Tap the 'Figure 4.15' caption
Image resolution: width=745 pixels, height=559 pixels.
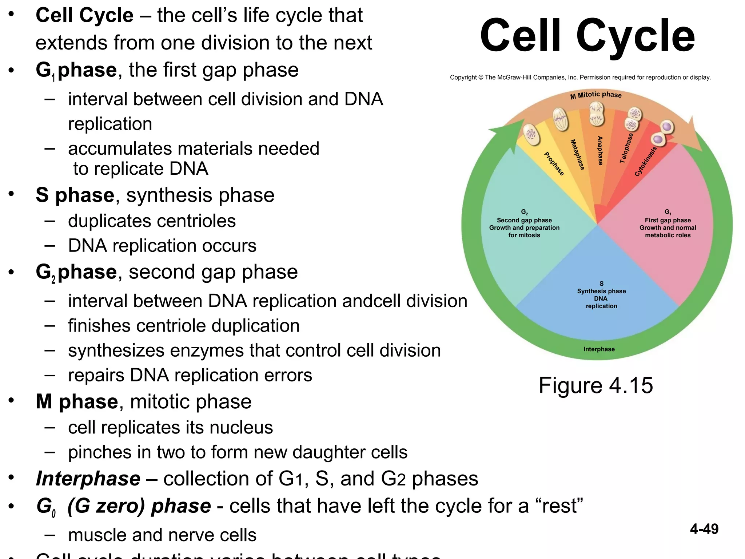[595, 385]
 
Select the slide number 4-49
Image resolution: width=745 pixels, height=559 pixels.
[704, 529]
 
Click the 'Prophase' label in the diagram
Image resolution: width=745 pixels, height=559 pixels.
[554, 164]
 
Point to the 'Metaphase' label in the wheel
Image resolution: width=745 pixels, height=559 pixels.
[577, 155]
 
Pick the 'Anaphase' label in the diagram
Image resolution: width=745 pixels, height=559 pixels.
[600, 151]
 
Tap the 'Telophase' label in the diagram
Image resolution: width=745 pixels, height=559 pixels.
[626, 148]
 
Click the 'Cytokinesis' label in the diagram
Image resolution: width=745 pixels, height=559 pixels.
[646, 161]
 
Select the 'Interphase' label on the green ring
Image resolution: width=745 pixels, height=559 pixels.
[599, 349]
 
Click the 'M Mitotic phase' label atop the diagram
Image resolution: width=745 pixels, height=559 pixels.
[596, 95]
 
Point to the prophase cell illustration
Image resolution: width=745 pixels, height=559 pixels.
[531, 135]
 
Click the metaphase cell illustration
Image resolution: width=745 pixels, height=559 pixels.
[561, 119]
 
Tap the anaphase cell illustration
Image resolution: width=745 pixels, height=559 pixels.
[597, 114]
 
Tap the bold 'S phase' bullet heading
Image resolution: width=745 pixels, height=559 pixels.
[75, 195]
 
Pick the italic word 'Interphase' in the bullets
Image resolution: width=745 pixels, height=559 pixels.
[88, 478]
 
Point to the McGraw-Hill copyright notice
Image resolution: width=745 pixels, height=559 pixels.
[580, 77]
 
